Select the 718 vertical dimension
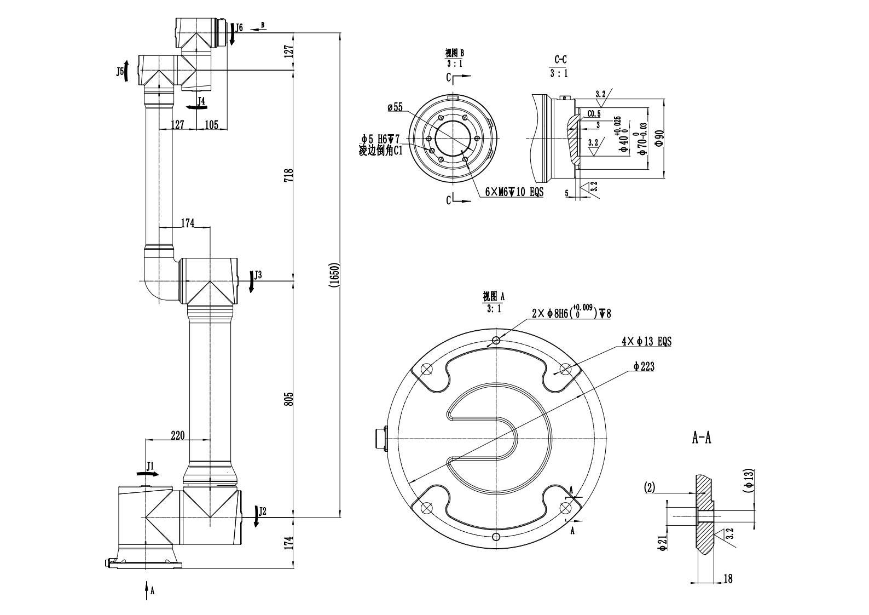[x=289, y=175]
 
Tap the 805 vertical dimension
[x=289, y=399]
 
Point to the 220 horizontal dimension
[x=177, y=435]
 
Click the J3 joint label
[x=258, y=274]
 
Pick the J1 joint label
[x=151, y=466]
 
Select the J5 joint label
[x=119, y=71]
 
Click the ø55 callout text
[x=395, y=107]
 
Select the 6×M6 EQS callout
[x=514, y=192]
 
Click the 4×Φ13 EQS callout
[x=646, y=341]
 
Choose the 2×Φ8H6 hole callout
[x=571, y=313]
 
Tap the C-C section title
[x=560, y=59]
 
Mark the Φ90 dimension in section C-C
[x=659, y=137]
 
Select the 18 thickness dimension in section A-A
[x=728, y=578]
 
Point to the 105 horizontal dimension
[x=211, y=125]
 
